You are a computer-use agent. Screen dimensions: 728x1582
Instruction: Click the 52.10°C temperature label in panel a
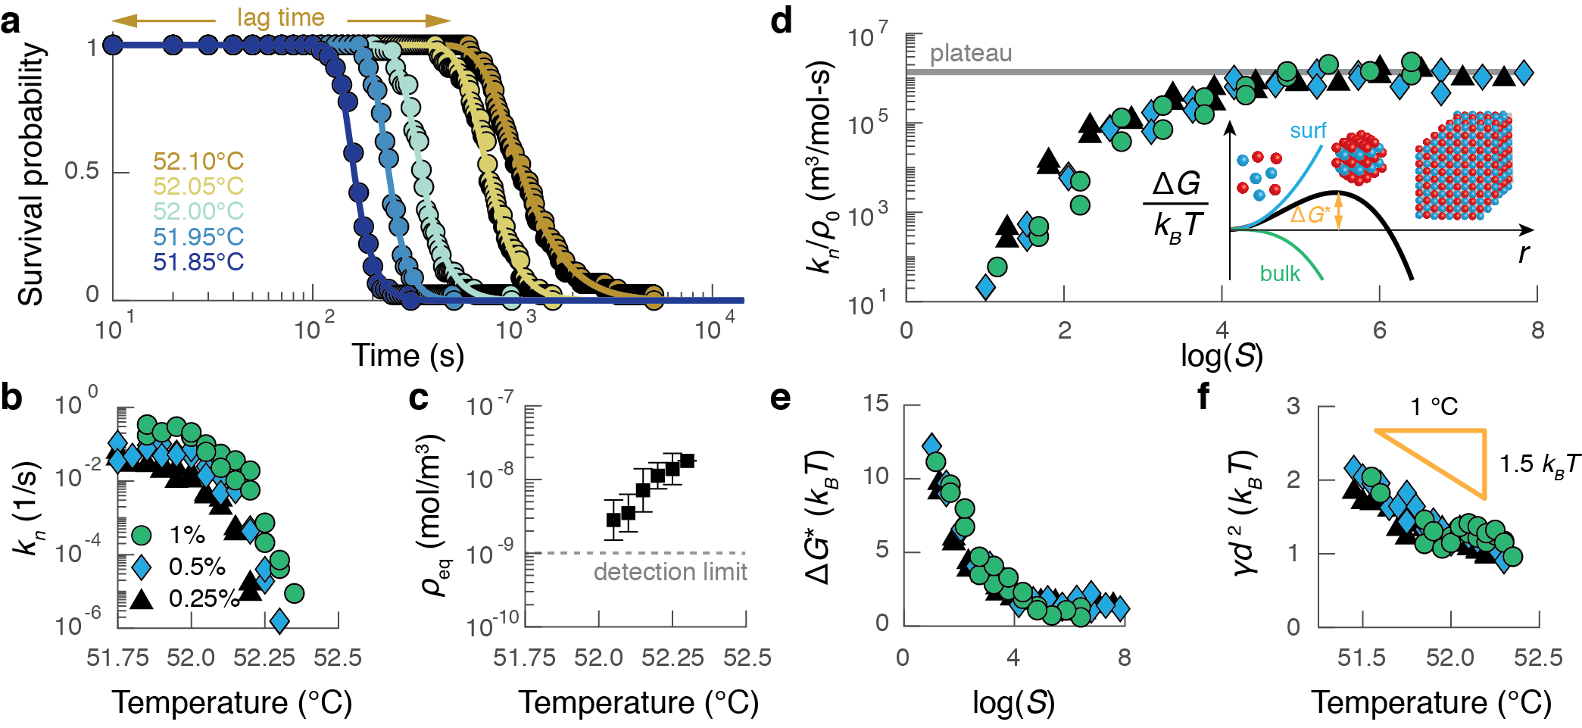point(198,161)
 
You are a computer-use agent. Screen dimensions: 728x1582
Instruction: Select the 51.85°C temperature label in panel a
point(198,262)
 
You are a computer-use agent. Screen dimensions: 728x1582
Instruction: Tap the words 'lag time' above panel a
point(280,17)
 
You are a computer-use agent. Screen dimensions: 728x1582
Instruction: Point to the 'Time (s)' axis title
point(407,355)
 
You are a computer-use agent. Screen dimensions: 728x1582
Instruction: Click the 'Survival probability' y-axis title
point(31,173)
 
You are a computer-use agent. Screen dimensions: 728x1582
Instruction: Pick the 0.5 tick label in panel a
point(82,171)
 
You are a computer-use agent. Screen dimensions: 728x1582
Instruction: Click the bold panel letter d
point(781,20)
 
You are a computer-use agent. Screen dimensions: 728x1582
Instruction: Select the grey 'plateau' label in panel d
point(970,53)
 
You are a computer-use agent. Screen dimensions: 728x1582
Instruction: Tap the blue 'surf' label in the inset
point(1308,130)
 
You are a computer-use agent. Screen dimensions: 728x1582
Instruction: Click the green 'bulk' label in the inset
point(1280,273)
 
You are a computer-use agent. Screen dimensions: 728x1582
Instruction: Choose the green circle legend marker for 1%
point(142,535)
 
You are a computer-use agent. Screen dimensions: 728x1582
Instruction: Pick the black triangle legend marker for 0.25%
point(142,598)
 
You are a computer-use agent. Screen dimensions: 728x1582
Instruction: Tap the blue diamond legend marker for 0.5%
point(142,567)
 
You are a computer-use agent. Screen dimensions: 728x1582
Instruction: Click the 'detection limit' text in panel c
point(670,571)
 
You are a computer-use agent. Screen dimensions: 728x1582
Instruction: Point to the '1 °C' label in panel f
point(1434,407)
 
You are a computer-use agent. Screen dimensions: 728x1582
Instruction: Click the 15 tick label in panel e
point(876,403)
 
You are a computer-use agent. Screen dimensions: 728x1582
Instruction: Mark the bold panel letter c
point(418,397)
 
